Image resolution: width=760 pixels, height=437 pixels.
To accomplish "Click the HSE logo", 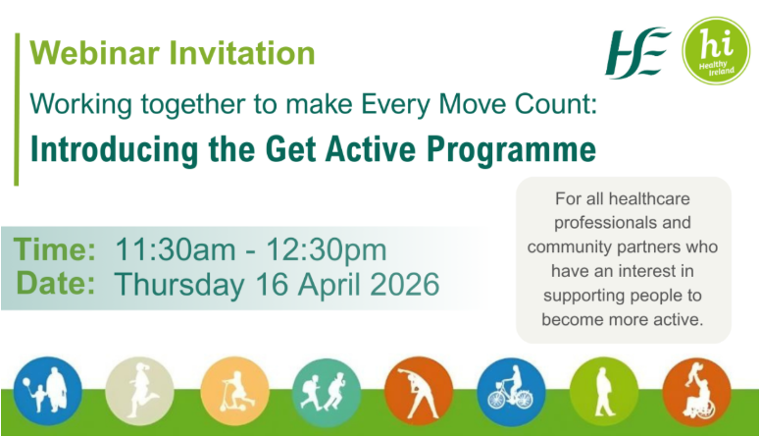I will [638, 48].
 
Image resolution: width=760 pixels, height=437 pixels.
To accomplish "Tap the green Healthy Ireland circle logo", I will [716, 48].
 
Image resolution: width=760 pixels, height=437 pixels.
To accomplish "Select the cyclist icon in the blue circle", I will [510, 391].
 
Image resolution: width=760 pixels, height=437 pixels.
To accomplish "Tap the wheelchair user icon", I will [695, 391].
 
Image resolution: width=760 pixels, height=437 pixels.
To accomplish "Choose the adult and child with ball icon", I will [47, 391].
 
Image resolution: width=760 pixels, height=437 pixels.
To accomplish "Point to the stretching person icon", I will [418, 391].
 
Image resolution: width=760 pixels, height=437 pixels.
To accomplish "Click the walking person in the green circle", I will [603, 391].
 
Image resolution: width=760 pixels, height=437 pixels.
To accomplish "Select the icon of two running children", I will [326, 391].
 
